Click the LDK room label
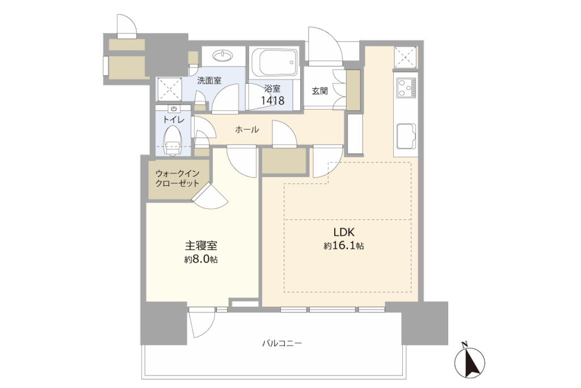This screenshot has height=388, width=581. (x=344, y=232)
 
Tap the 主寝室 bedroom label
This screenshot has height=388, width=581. (x=201, y=245)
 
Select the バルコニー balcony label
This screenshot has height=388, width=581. (x=282, y=343)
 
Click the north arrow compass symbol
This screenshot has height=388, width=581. (x=469, y=361)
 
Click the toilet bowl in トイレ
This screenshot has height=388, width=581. (x=172, y=140)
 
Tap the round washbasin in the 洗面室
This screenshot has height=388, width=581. (x=223, y=56)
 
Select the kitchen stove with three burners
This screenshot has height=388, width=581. (x=406, y=87)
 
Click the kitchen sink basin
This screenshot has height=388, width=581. (x=406, y=135)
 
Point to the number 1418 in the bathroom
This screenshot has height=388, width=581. (x=273, y=100)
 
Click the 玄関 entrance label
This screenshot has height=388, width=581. (x=319, y=91)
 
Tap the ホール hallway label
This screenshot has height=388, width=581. (x=247, y=130)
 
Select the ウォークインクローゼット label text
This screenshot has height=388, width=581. (x=178, y=178)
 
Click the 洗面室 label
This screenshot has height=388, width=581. (x=209, y=80)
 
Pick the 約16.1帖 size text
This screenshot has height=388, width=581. (x=343, y=245)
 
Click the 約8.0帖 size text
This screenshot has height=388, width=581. (x=201, y=259)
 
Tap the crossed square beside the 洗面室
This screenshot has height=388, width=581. (x=170, y=89)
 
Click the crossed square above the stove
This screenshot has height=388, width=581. (x=405, y=57)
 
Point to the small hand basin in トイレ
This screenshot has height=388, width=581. (x=174, y=109)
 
